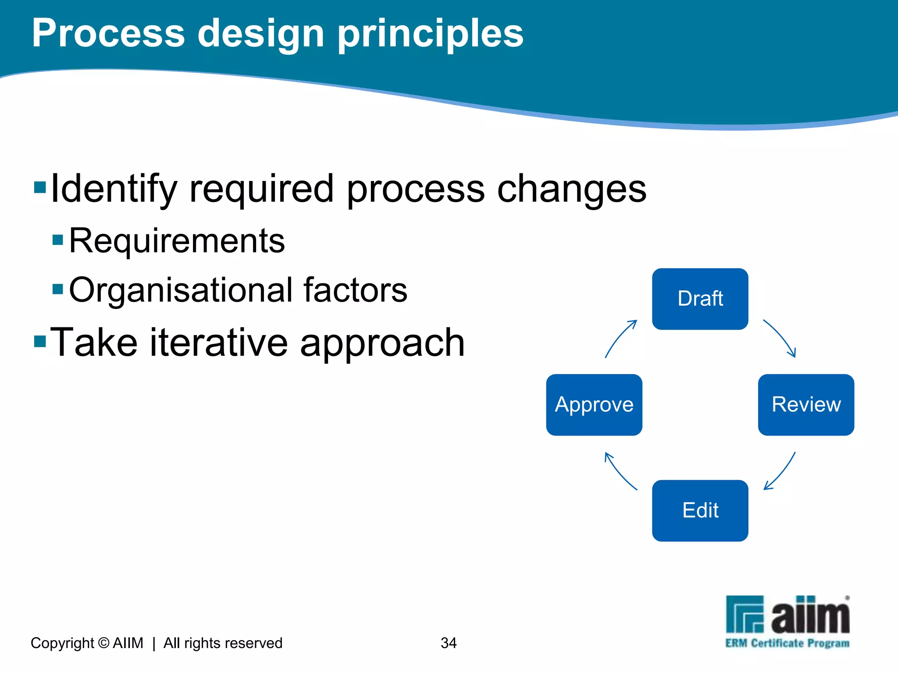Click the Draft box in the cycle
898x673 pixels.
700,299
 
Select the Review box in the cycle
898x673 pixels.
806,404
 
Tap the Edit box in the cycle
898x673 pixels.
700,510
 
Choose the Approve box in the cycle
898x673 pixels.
594,404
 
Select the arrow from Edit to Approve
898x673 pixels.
619,471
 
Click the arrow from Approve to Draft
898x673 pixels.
620,338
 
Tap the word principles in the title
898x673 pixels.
430,34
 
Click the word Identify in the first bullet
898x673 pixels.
114,189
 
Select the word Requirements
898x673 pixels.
177,241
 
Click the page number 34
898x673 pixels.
449,643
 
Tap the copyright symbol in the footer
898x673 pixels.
104,643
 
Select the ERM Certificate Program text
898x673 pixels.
787,643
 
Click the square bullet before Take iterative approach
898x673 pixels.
40,340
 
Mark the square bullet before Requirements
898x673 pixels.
58,240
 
